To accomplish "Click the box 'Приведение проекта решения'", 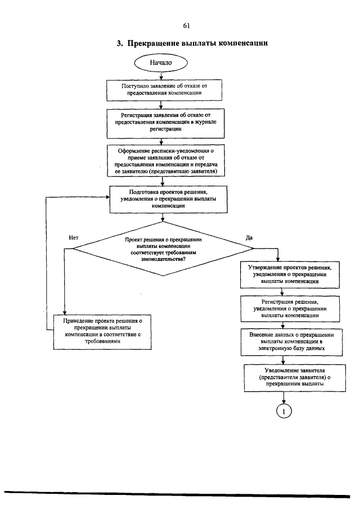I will (102, 331).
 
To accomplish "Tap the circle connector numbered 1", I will (285, 412).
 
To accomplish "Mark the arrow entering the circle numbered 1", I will (285, 397).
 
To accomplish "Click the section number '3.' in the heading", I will (120, 43).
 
